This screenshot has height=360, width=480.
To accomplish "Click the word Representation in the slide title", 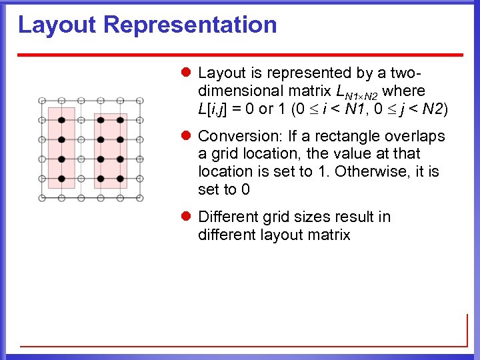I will [x=190, y=25].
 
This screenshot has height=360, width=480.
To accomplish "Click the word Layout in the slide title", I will [x=58, y=25].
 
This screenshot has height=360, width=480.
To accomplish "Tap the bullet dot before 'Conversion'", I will [x=188, y=137].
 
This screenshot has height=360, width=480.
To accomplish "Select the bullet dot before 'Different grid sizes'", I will [x=188, y=217].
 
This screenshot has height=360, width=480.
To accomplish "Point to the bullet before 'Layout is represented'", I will [x=188, y=73].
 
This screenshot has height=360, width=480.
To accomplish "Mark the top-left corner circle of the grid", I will [x=42, y=101].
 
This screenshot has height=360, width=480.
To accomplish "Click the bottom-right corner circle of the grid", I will [x=141, y=198].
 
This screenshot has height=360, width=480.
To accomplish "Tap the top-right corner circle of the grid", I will [x=141, y=101].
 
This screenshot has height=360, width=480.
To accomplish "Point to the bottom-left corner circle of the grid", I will [x=42, y=198].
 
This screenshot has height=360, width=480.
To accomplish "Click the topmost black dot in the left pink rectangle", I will [x=61, y=120].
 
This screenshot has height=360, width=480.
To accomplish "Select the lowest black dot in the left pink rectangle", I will [x=61, y=179].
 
